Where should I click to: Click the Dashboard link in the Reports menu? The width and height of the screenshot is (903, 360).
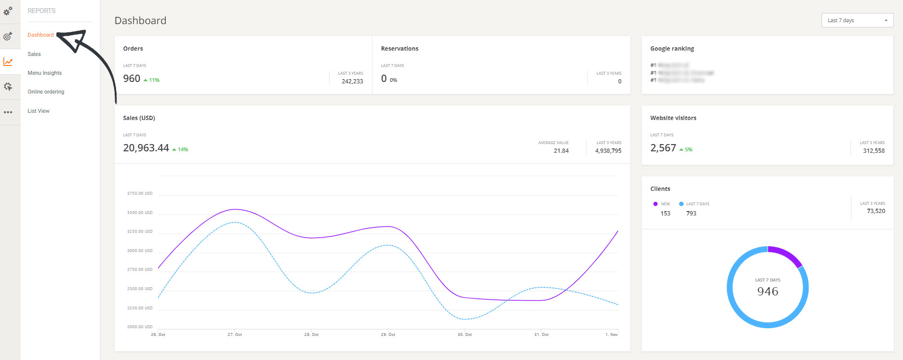click(40, 35)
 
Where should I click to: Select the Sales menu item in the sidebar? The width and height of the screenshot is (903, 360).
click(34, 54)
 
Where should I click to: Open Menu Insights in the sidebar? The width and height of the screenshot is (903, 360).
click(44, 73)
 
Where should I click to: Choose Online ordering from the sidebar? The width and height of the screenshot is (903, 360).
click(46, 92)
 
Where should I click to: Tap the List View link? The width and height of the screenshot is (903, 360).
click(39, 111)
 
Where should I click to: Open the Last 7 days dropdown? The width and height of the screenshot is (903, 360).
click(857, 20)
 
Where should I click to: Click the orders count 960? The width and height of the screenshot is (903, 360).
click(132, 79)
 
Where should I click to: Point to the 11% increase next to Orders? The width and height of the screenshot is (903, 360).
click(152, 80)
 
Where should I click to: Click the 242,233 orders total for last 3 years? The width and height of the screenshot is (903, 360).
click(352, 81)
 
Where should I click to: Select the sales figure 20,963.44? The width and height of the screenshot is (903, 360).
click(146, 148)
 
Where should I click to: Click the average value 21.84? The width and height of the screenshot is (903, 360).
click(561, 151)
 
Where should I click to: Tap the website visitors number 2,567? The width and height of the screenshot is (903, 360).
click(663, 148)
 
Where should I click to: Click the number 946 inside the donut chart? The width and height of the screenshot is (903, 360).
click(768, 291)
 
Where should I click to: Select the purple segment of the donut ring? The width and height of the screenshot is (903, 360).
click(786, 254)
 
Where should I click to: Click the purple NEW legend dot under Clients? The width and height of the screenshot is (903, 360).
click(655, 204)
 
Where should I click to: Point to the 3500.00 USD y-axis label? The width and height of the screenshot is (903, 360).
click(140, 213)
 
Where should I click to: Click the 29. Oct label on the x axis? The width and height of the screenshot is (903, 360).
click(388, 334)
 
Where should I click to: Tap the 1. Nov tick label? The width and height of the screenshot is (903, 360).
click(611, 334)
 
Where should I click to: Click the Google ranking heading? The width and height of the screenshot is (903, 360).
click(672, 49)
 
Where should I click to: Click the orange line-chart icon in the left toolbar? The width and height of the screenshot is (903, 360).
click(8, 62)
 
